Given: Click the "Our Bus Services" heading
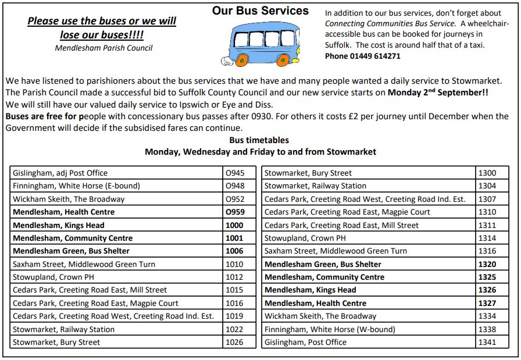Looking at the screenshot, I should tap(260, 11).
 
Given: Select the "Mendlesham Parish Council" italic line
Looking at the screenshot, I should tap(104, 48).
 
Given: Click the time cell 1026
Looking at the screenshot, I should tap(235, 342).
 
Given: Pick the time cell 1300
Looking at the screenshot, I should tap(487, 173).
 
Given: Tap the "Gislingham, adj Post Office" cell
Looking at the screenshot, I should tap(60, 173).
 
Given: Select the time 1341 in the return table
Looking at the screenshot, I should tap(487, 342).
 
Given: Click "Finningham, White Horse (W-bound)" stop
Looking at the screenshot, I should tap(330, 329).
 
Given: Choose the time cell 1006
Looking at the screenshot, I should tap(235, 251).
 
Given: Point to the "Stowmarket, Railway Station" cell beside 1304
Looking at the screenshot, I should tap(315, 186).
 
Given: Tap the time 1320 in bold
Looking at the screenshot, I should tap(487, 264).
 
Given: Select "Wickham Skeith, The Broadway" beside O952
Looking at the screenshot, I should tap(69, 199).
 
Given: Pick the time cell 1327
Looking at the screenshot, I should tap(487, 303).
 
